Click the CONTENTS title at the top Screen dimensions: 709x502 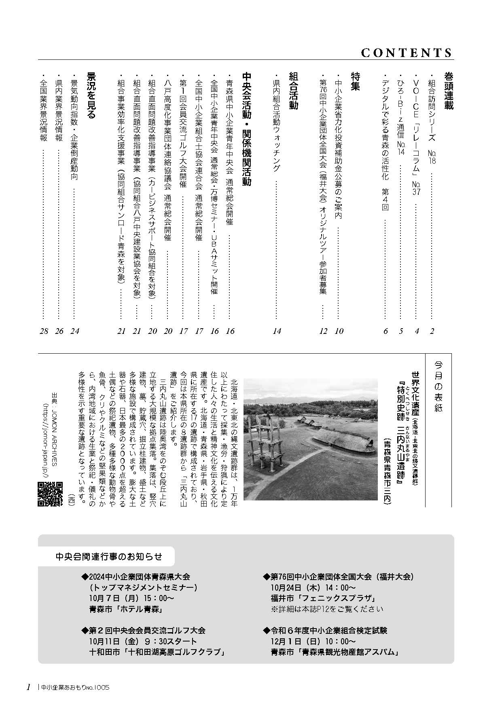point(406,53)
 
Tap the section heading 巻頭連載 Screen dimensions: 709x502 point(448,91)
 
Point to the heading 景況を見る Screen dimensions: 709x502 point(91,95)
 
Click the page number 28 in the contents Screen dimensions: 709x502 point(44,331)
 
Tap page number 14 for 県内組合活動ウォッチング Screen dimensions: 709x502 point(277,331)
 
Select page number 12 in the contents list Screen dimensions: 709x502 point(323,331)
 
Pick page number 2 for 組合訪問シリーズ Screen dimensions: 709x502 point(432,331)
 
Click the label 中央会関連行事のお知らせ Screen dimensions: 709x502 point(109,557)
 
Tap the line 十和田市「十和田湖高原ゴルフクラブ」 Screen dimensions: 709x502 point(157,652)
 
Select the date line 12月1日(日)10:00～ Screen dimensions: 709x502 point(313,641)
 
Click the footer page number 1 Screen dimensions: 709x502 point(28,687)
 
